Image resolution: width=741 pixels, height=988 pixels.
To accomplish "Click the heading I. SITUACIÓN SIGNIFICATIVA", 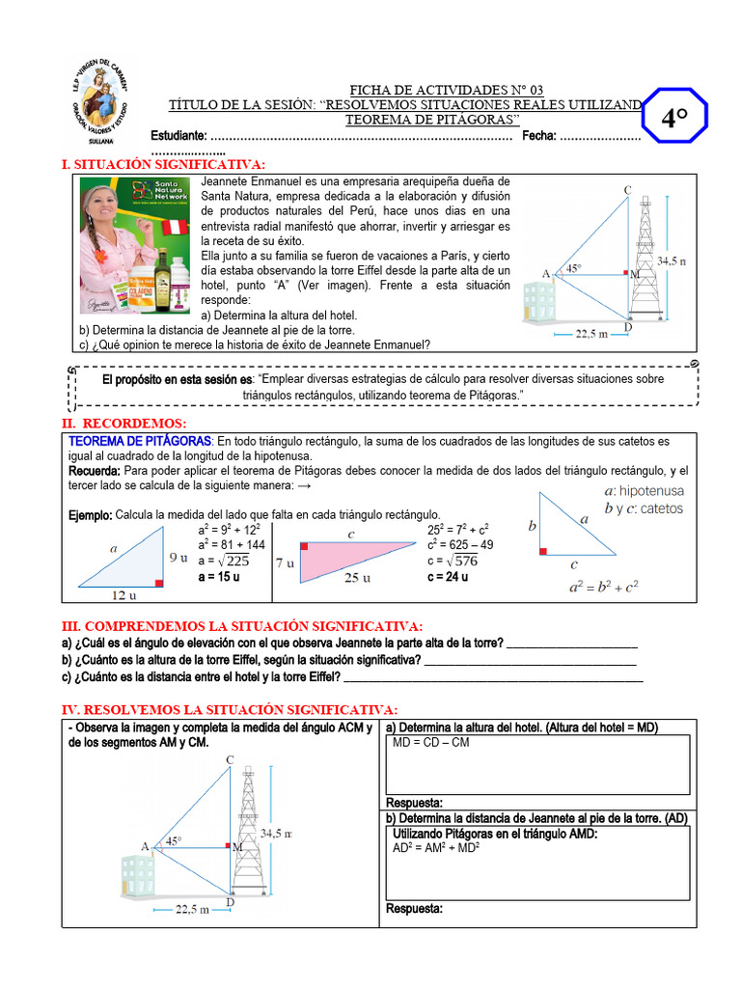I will click(x=163, y=165).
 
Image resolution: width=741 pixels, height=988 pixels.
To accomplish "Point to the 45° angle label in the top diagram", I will click(x=573, y=269).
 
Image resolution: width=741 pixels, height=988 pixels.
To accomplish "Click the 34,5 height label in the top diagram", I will click(x=671, y=261).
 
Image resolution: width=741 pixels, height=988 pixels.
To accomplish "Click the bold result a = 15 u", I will click(x=219, y=577).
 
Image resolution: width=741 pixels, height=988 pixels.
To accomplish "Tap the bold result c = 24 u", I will click(x=448, y=577).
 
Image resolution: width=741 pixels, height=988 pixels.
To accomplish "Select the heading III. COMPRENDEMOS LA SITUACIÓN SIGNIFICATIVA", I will click(x=242, y=626).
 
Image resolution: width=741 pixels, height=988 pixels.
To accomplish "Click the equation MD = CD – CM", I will click(x=431, y=743).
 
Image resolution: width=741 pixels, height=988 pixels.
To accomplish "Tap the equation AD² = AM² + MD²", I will click(x=436, y=848).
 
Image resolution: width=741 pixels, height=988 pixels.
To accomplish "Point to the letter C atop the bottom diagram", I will click(x=230, y=759).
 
